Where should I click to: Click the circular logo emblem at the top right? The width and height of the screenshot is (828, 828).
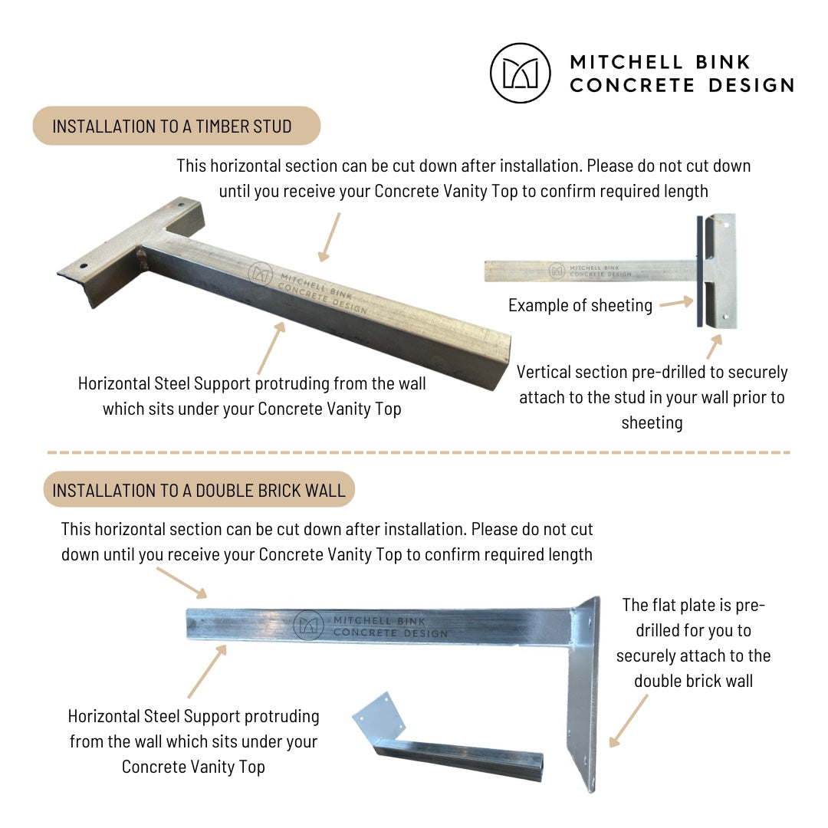tap(520, 73)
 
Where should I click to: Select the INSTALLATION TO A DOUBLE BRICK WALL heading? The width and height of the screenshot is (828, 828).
tap(199, 489)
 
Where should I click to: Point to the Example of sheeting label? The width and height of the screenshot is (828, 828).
tap(580, 305)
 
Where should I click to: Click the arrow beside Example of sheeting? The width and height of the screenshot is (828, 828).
tap(676, 302)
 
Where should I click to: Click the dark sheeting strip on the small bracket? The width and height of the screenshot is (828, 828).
tap(700, 271)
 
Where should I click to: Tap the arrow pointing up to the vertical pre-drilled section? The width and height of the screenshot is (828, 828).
tap(714, 347)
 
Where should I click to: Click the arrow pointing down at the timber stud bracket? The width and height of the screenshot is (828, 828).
tap(330, 237)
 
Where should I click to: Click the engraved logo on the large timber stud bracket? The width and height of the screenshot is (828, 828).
tap(261, 274)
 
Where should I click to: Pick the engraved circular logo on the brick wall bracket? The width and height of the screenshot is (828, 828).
tap(308, 626)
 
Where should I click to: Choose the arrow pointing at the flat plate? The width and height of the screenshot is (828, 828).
tap(629, 721)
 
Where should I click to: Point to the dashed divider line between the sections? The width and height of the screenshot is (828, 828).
tap(419, 452)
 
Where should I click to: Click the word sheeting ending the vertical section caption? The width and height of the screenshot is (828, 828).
tap(652, 423)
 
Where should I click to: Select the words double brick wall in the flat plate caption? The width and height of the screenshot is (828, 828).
tap(693, 681)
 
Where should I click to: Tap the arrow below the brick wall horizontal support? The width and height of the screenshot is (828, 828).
tap(207, 671)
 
